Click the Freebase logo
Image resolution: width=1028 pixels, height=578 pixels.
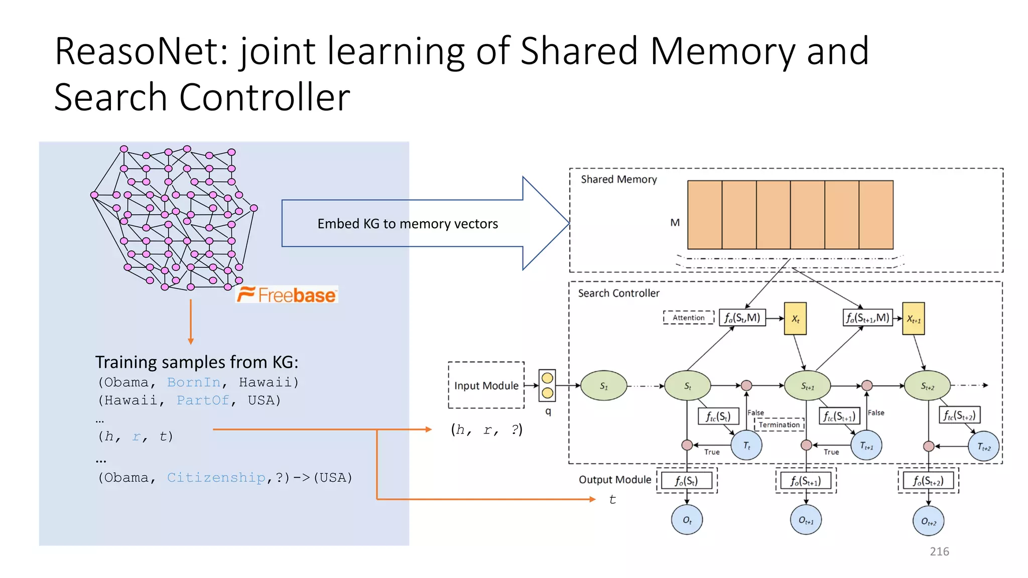point(287,295)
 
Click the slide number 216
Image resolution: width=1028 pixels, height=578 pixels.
point(939,551)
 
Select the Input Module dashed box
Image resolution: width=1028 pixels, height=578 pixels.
point(486,385)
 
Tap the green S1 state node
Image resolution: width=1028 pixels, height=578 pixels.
point(604,385)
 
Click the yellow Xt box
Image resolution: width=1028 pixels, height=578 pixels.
point(795,319)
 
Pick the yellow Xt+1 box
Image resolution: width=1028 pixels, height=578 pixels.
point(913,319)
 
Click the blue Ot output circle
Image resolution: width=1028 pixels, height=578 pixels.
point(687,520)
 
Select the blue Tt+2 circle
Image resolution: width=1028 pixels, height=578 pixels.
point(983,447)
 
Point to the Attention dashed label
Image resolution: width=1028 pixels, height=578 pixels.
point(688,318)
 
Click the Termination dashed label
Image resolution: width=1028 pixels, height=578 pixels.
point(779,424)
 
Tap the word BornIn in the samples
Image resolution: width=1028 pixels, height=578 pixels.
point(194,382)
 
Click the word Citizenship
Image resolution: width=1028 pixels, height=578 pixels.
point(216,477)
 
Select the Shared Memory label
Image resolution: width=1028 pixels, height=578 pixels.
point(618,179)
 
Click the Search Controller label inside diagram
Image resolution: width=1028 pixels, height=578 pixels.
point(618,293)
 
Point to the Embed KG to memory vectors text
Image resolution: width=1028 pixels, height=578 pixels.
point(408,224)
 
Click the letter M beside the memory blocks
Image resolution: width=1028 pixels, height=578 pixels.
point(675,222)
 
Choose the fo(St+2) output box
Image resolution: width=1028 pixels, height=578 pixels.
point(928,481)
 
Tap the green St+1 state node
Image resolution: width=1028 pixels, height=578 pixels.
point(807,385)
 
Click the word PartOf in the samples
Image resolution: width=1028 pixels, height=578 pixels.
point(203,400)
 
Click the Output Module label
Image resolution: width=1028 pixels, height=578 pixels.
point(615,480)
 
